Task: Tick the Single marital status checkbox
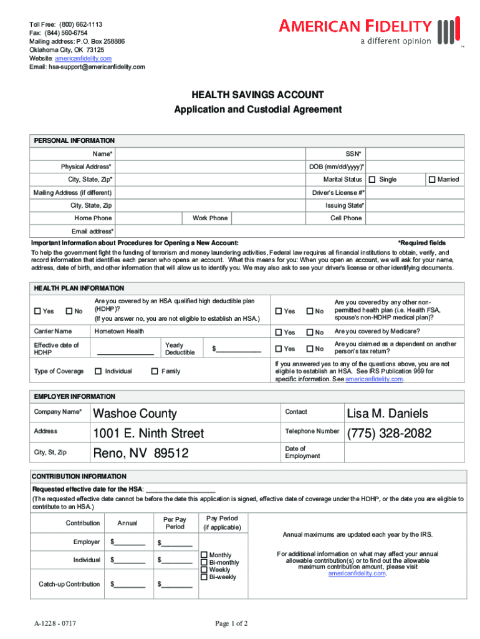point(372,180)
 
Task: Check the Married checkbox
point(431,180)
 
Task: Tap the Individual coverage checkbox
point(98,371)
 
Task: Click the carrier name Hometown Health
point(119,331)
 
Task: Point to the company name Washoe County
point(135,414)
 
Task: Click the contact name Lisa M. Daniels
point(387,414)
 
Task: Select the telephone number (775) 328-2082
point(388,433)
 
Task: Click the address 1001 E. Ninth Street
point(148,433)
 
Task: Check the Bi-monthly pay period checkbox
point(204,562)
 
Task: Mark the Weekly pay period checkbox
point(204,570)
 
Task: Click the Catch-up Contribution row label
point(69,584)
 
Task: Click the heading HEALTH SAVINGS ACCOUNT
point(257,95)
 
